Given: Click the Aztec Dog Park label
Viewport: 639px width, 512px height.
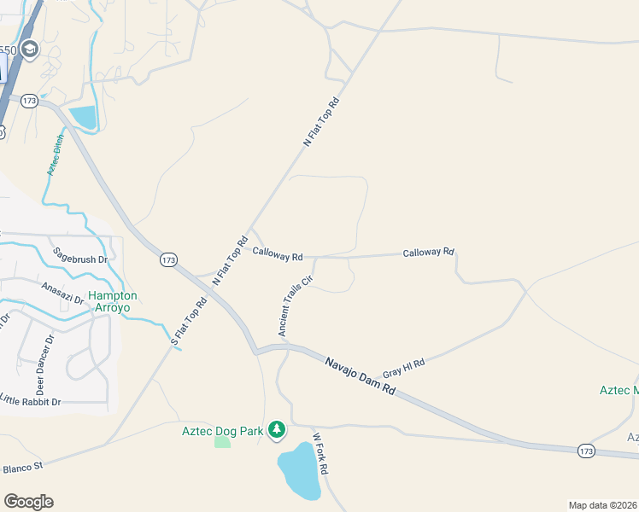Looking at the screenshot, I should click(222, 431).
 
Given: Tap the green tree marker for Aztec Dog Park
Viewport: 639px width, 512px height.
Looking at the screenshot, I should click(276, 429).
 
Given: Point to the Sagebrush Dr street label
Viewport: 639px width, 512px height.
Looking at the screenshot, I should click(79, 254).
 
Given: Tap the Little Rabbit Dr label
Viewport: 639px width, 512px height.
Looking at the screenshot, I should click(31, 401).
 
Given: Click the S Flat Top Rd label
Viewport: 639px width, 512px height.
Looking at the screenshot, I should click(189, 322).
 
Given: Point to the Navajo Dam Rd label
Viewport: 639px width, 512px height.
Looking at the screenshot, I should click(361, 375).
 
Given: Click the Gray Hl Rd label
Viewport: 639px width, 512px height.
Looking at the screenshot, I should click(403, 369).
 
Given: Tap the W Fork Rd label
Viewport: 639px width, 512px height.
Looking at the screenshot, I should click(320, 453).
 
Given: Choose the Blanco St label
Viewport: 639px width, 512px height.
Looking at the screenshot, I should click(22, 468).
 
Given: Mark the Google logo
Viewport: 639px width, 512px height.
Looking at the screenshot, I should click(28, 502).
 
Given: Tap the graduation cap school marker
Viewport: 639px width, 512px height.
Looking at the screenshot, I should click(31, 49).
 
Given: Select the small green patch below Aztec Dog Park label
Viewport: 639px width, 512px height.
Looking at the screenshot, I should click(222, 441).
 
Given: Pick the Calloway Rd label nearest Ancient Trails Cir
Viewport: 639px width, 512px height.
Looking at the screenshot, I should click(278, 255).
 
